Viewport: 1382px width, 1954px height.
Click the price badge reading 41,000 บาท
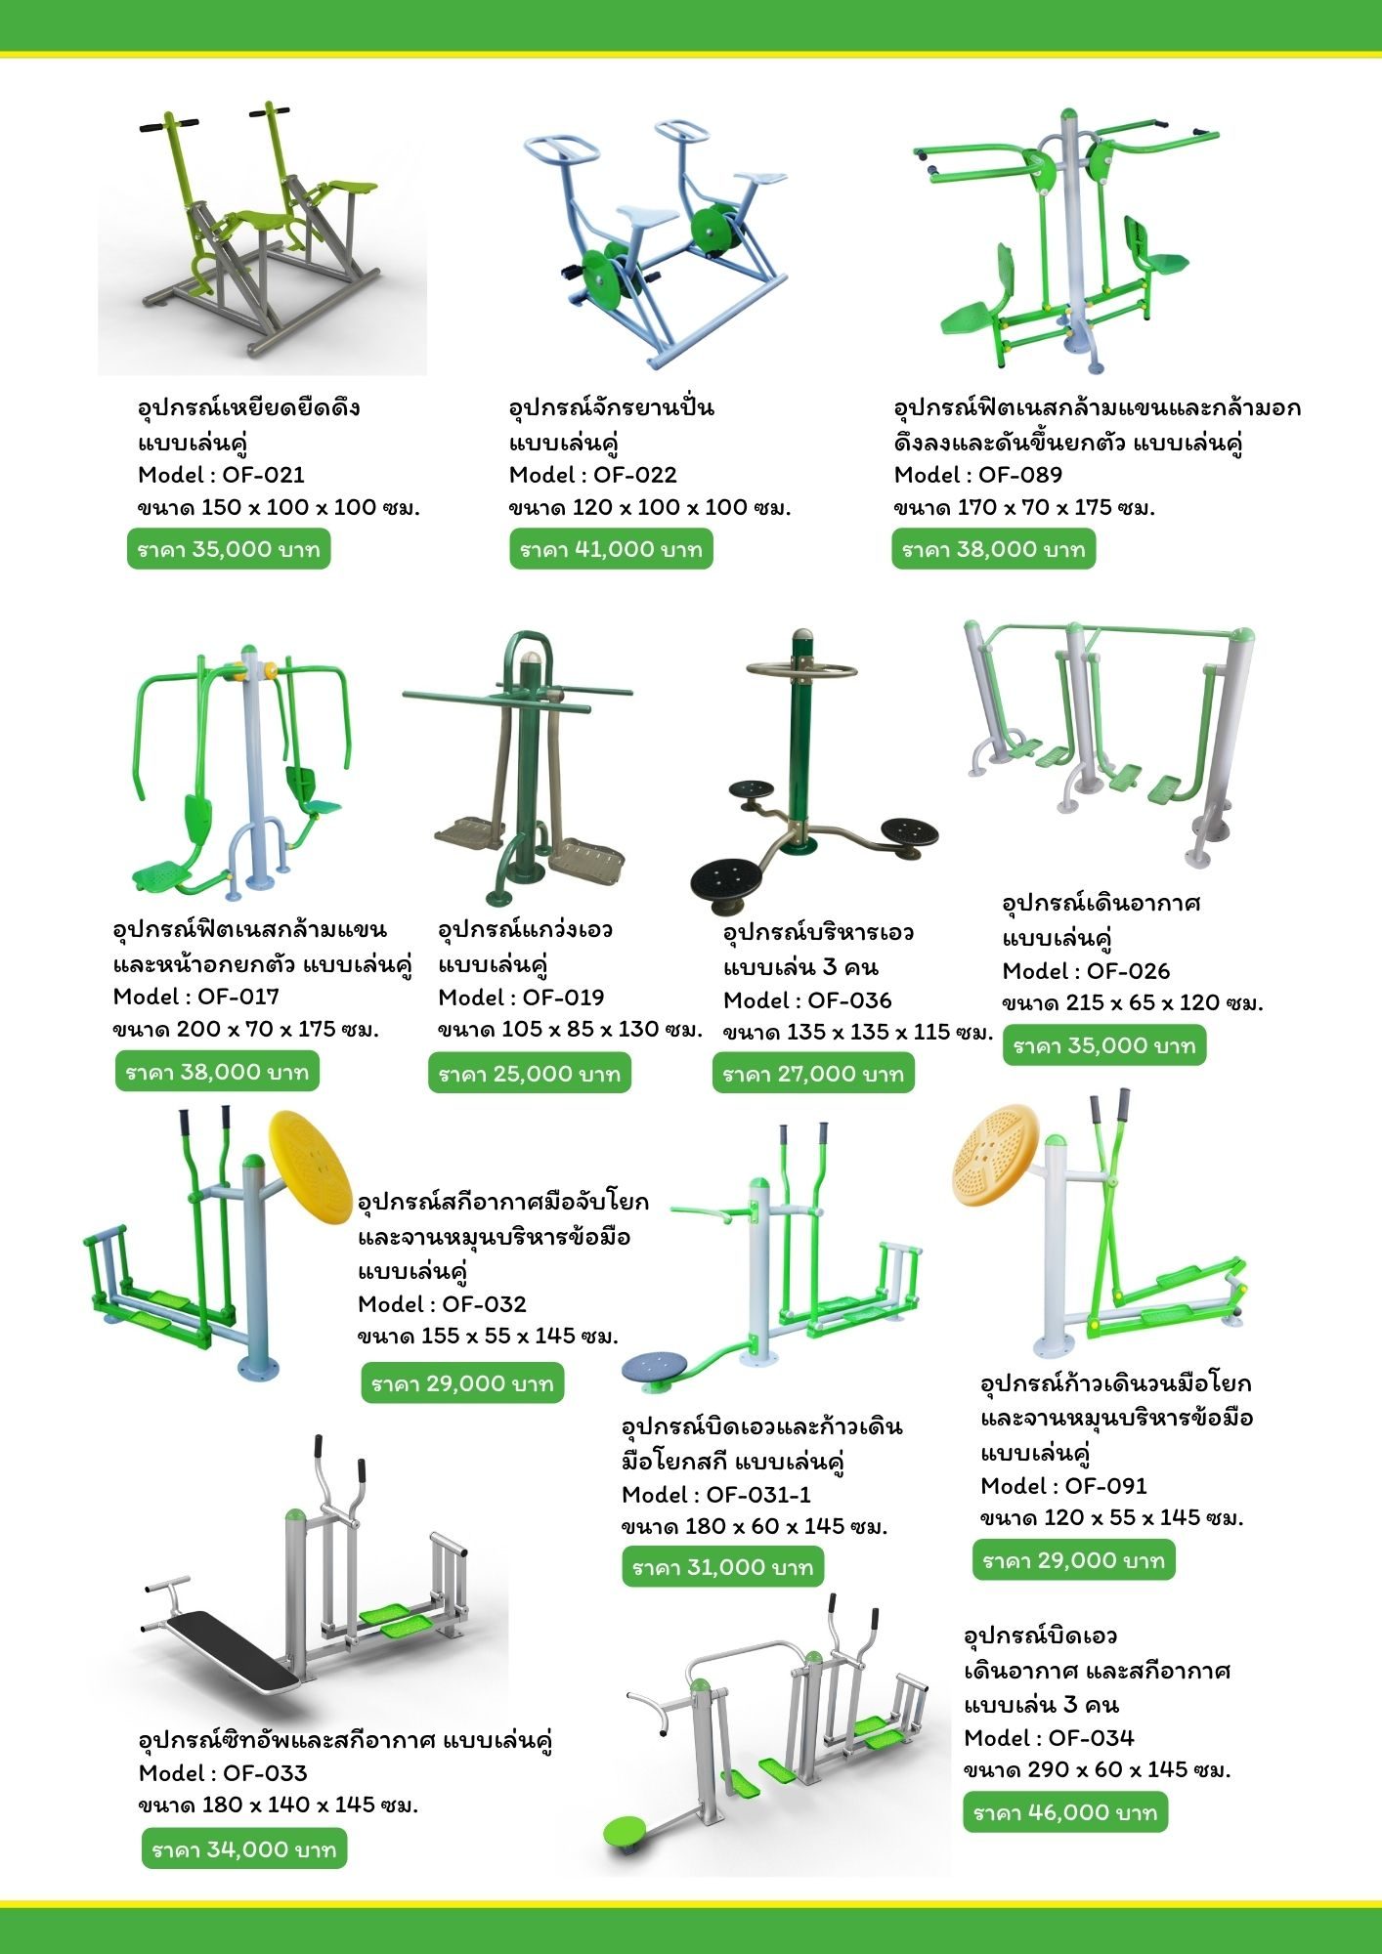(x=612, y=549)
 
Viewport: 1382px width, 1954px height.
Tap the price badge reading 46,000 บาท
(x=1065, y=1812)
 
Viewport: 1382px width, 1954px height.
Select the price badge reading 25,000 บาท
(x=530, y=1074)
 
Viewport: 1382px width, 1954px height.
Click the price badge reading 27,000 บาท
(x=813, y=1074)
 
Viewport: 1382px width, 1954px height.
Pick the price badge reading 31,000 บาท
(x=723, y=1567)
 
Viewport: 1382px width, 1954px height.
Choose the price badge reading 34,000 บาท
(x=244, y=1849)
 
